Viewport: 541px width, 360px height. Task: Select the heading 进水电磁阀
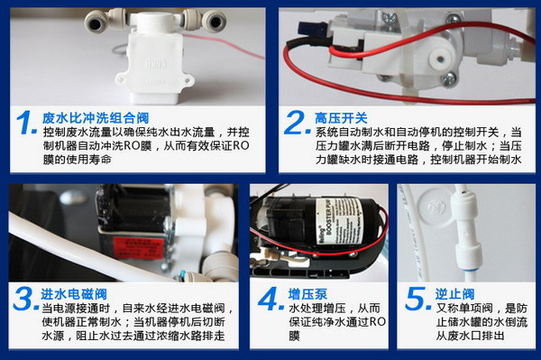click(76, 292)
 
